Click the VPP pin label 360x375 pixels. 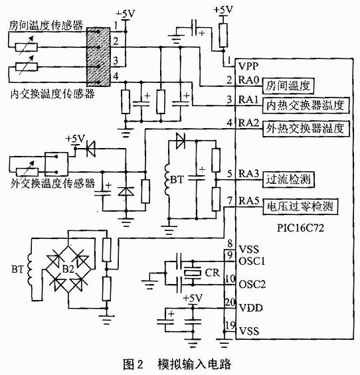248,66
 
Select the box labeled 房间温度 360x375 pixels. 288,86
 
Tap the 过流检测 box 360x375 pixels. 288,179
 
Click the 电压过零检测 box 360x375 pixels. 300,206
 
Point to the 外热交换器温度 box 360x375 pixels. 306,129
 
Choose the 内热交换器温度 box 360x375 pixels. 306,106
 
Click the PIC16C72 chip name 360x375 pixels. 300,228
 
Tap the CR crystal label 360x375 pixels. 212,273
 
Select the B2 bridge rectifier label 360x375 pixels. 68,269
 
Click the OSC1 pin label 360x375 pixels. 252,261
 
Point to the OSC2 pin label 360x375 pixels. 252,284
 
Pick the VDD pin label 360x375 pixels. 251,308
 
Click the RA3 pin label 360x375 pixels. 248,174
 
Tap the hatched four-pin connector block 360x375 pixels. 98,57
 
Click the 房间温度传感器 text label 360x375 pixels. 46,25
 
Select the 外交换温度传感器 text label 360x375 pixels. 52,183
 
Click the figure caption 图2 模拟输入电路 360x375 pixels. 177,364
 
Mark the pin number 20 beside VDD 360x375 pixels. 230,302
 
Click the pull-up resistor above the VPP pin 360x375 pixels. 223,35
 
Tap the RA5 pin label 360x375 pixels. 249,200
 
